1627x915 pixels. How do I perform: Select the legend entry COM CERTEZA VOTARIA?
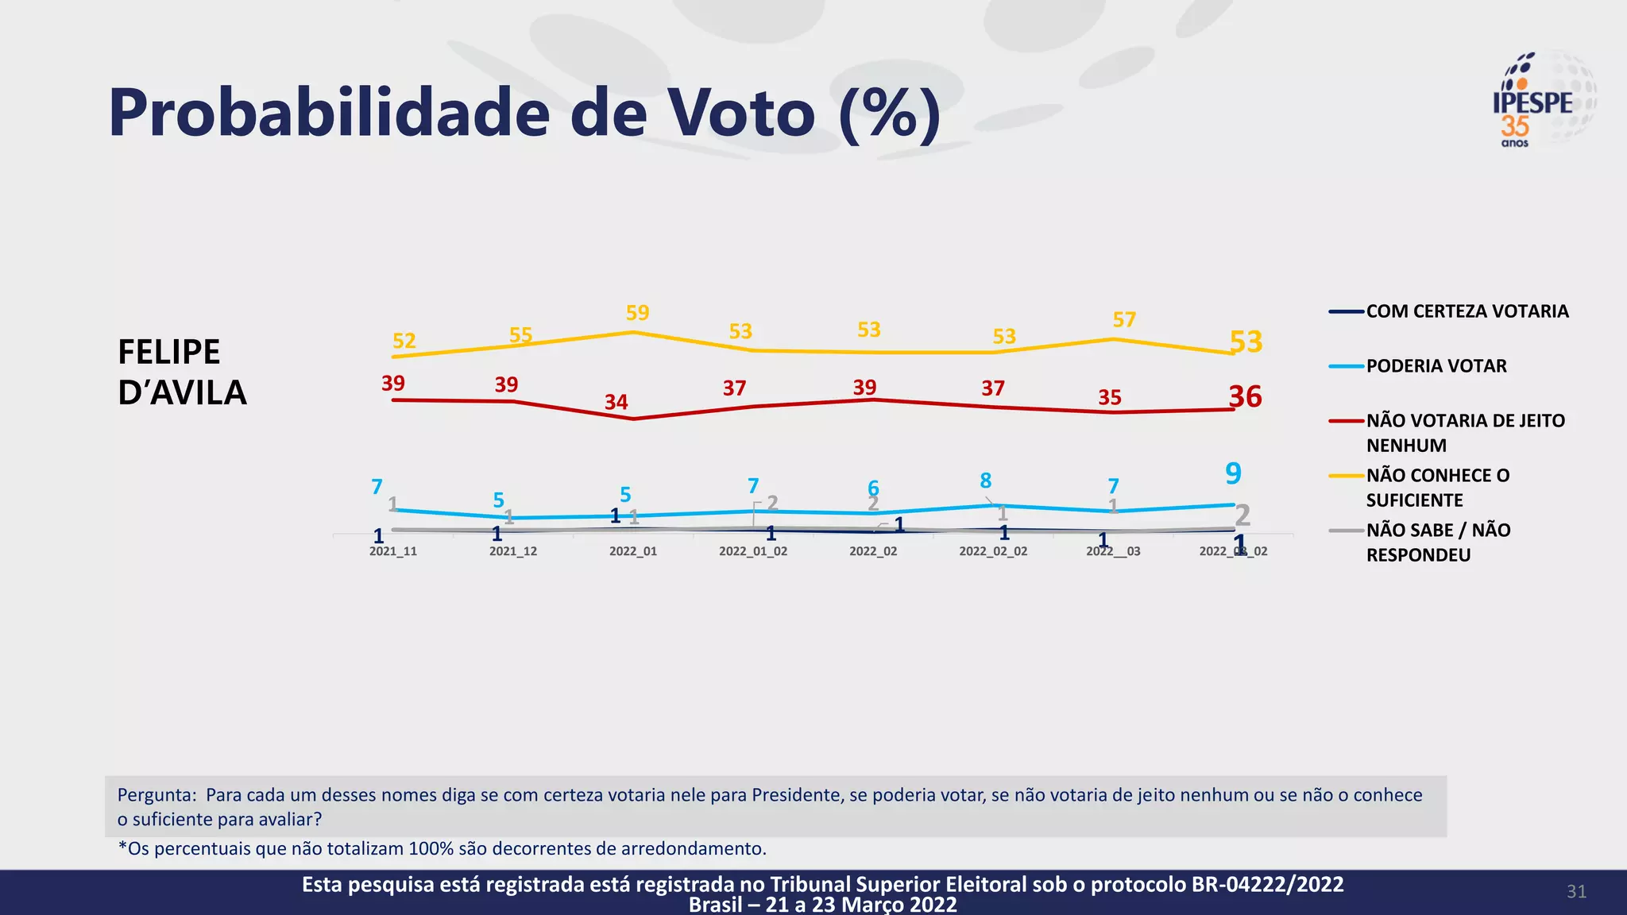[1467, 311]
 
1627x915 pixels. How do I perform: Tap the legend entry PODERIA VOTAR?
[1436, 366]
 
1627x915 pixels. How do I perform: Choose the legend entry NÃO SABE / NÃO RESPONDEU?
[1437, 542]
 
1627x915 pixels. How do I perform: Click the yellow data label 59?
[637, 313]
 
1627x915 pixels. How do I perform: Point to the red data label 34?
[616, 402]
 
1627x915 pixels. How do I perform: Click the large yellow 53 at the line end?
[1246, 342]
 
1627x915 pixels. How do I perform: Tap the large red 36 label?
[1245, 396]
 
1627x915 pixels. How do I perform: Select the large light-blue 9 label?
[1233, 473]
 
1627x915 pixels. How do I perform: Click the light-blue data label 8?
[985, 481]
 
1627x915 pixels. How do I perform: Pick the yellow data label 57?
[1124, 319]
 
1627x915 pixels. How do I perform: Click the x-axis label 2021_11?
[392, 551]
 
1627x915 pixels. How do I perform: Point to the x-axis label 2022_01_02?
[753, 551]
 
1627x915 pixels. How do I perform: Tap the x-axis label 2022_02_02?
[993, 551]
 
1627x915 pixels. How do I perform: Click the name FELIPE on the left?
[169, 352]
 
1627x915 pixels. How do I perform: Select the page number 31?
[1576, 891]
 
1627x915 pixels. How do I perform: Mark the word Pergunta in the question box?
[157, 795]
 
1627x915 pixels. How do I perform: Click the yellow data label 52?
[404, 341]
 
